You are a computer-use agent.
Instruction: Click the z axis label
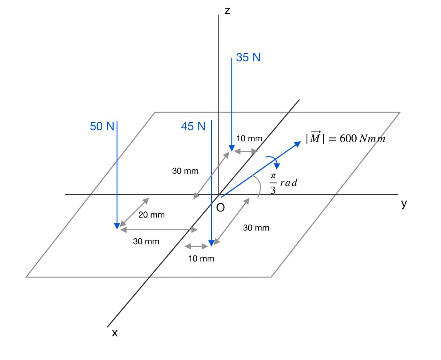227,11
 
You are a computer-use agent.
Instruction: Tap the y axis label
404,204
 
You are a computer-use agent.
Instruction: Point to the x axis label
115,333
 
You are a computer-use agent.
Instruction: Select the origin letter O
220,207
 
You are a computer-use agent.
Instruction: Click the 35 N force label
248,57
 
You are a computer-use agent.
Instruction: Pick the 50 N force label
102,126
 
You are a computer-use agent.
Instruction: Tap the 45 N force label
193,126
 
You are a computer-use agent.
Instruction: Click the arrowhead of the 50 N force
117,226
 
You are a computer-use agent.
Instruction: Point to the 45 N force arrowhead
211,243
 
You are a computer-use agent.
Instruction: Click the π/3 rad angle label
283,183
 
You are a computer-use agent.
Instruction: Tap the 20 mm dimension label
151,215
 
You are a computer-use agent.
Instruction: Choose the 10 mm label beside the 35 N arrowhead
249,138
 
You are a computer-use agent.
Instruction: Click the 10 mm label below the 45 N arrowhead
201,259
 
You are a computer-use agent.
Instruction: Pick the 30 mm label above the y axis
185,171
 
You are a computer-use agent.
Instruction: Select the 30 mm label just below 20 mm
146,241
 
